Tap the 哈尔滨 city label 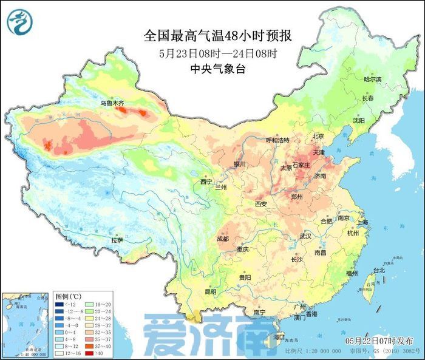(x=372, y=80)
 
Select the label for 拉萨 (x=117, y=240)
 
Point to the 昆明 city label (x=210, y=292)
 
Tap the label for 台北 (x=379, y=270)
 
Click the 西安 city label (x=261, y=204)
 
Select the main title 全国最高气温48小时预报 (x=218, y=36)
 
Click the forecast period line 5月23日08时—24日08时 (x=218, y=53)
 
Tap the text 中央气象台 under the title (x=218, y=69)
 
